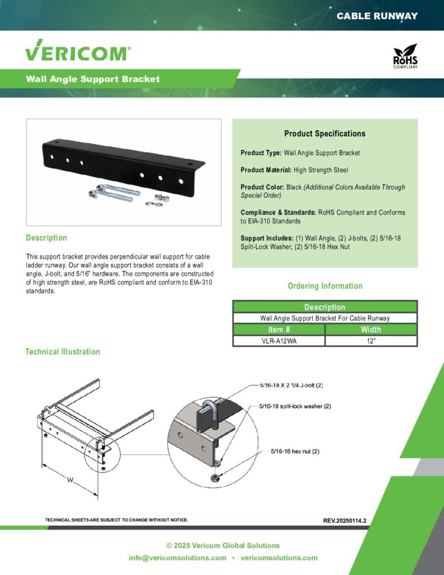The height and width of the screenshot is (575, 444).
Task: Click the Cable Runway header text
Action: pos(377,16)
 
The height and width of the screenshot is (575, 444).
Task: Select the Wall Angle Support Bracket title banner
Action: pos(93,79)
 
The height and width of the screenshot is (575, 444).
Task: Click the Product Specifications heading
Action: pos(324,134)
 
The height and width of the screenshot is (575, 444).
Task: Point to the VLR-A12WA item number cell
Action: pos(278,341)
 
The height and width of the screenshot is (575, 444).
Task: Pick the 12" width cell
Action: pos(371,341)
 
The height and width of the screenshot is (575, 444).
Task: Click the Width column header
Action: pos(371,330)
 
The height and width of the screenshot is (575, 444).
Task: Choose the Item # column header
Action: pos(278,330)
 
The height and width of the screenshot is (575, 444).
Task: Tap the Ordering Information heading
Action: pos(324,286)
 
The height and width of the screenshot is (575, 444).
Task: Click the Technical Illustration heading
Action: pos(62,352)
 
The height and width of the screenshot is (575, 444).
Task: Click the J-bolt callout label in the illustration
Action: pos(291,386)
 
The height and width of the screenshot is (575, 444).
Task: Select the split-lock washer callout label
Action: pos(295,405)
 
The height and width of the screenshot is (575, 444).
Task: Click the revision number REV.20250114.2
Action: pos(345,521)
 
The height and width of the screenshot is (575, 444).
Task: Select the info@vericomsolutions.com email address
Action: pos(177,558)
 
